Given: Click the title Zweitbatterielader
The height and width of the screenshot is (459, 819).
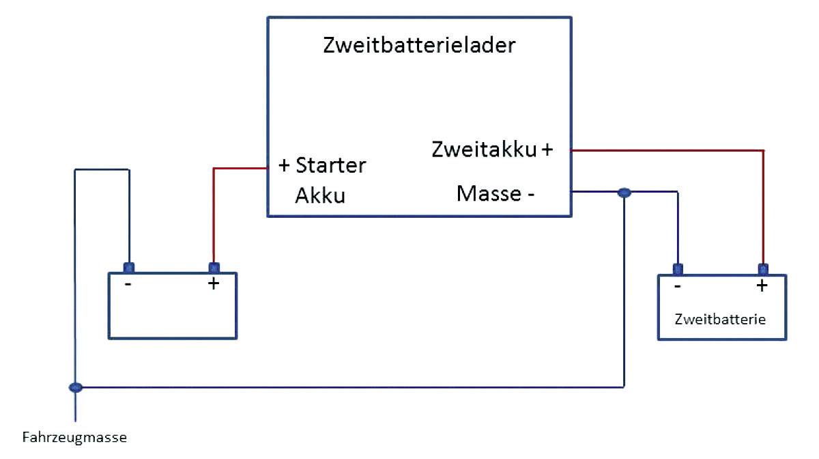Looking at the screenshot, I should coord(418,46).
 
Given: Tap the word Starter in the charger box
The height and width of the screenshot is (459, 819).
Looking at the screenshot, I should coord(331,166).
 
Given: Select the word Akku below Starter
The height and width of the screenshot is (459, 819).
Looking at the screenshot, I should coord(320,196).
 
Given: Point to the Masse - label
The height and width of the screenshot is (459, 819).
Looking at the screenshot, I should coord(495,193).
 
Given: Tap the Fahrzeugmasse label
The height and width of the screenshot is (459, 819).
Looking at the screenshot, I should coord(75,437).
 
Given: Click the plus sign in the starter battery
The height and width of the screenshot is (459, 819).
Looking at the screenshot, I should coord(214,283).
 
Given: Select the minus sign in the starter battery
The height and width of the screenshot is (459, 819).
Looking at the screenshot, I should coord(128,284).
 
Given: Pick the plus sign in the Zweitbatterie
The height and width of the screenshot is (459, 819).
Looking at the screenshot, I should coord(762,286).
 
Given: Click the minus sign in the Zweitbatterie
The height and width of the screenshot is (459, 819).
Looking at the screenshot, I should coord(676,286).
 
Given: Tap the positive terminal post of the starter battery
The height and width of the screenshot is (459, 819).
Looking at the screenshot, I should coord(214,267).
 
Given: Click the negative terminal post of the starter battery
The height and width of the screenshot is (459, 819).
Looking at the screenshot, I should coord(128,267).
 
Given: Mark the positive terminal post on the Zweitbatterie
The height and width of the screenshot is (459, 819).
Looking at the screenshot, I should coord(763,268).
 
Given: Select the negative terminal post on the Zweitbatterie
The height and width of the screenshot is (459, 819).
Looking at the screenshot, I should coord(677,268).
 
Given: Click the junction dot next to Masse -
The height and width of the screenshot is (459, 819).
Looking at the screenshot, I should coord(624,193).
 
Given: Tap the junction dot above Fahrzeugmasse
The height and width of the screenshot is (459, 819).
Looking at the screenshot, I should coord(76,387).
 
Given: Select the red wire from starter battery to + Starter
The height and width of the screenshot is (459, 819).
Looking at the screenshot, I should coord(214,212).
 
